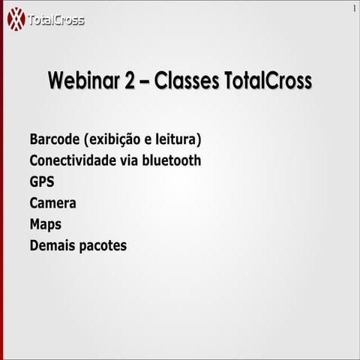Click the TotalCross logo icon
tap(16, 19)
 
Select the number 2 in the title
tap(132, 81)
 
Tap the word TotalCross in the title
tap(268, 81)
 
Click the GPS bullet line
tap(42, 181)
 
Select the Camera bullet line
tap(52, 203)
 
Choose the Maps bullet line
tap(45, 224)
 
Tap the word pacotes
tap(103, 246)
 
